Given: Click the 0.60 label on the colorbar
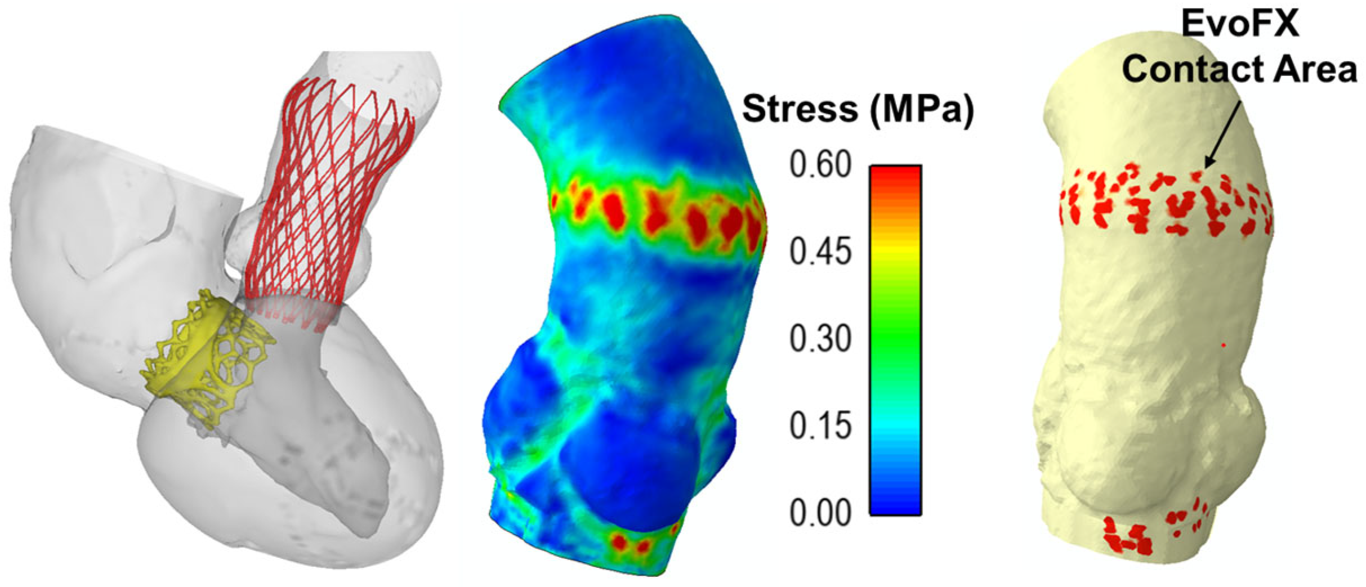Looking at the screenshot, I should (x=820, y=165).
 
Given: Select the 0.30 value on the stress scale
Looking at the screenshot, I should (x=820, y=339).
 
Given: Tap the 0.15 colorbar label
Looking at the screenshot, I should (x=820, y=426).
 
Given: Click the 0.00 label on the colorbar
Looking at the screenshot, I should (x=820, y=513).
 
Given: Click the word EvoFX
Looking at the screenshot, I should (x=1239, y=25).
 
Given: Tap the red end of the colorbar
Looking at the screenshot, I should (x=895, y=174).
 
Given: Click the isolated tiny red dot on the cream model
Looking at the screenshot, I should (x=1224, y=344).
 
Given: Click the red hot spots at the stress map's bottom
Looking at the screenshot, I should (x=631, y=543).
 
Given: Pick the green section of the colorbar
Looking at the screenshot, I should (x=895, y=332).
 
